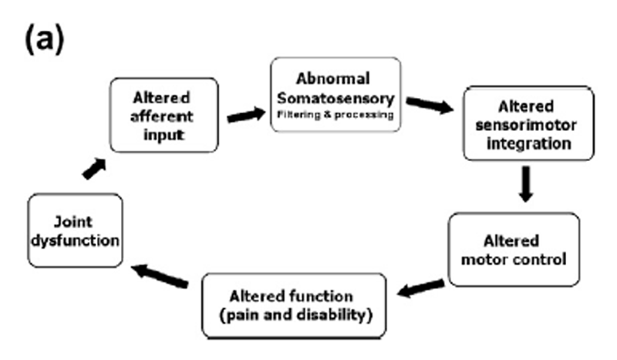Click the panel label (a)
tap(44, 39)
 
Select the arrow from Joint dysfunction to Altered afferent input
tap(94, 168)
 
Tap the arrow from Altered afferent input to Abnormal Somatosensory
tap(246, 115)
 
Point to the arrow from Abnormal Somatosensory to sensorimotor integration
tap(430, 105)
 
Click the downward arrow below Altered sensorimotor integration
tap(526, 183)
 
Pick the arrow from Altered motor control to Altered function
tap(421, 288)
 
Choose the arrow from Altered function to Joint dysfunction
tap(160, 276)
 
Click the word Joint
tap(73, 222)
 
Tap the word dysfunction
tap(75, 241)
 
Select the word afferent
tap(162, 116)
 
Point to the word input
tap(164, 136)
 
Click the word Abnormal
tap(333, 79)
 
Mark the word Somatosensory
tap(335, 99)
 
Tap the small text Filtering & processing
tap(335, 115)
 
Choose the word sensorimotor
tap(526, 125)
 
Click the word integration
tap(529, 143)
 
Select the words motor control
tap(514, 260)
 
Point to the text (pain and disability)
tap(295, 315)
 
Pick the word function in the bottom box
tap(321, 296)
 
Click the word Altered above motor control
tap(511, 241)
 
